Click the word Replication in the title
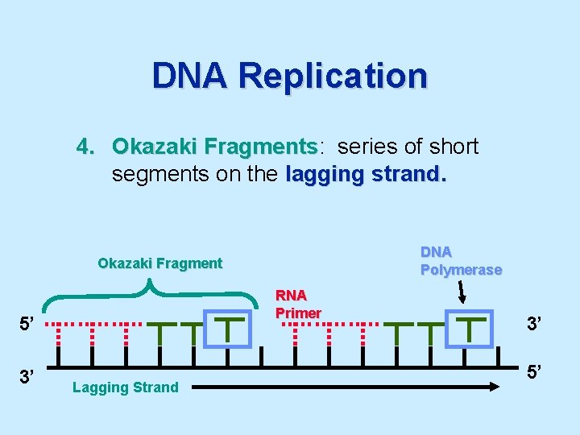click(x=333, y=77)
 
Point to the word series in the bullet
click(x=365, y=147)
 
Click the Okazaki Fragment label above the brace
click(x=159, y=263)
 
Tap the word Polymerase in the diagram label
click(x=461, y=270)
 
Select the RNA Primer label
click(x=298, y=304)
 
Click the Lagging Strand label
click(x=125, y=387)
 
